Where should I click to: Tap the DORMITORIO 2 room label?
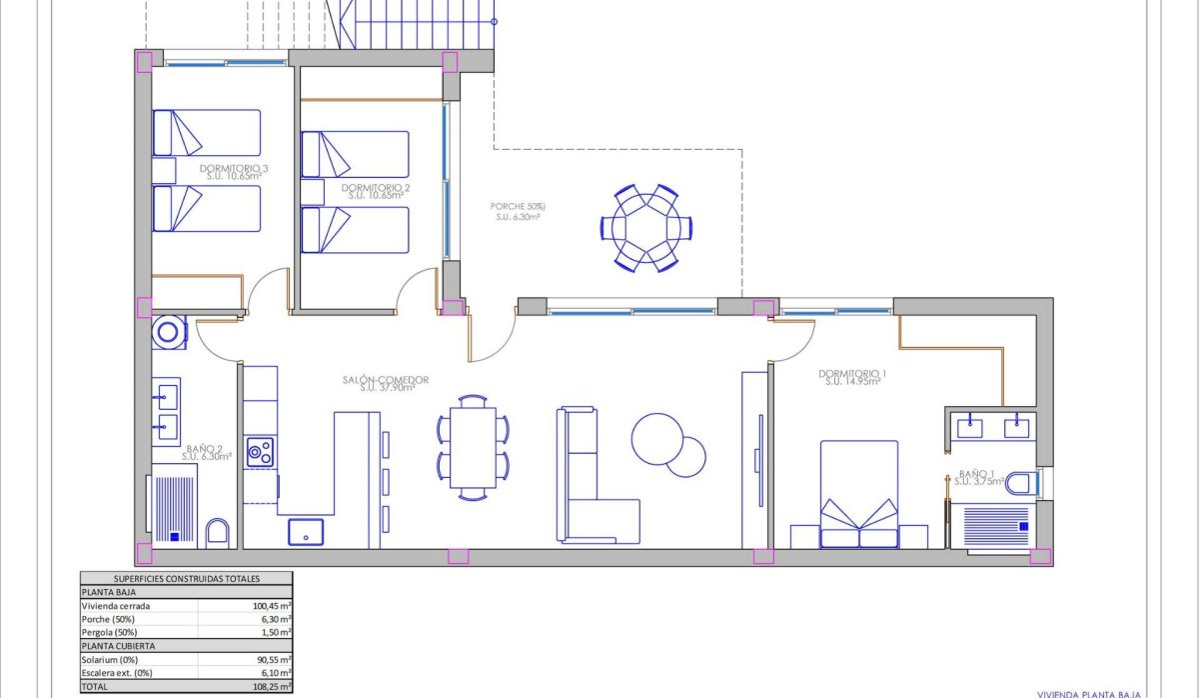(x=375, y=188)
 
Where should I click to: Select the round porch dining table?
(x=645, y=228)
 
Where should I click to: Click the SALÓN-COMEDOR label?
(x=385, y=380)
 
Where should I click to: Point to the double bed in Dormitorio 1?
(x=859, y=495)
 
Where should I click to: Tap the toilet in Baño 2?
(x=218, y=532)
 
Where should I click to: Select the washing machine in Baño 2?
(x=169, y=331)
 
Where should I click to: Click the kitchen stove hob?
(x=261, y=452)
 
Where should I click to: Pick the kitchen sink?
(x=306, y=531)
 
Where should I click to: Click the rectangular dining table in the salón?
(x=472, y=447)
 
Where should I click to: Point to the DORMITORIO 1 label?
(x=852, y=375)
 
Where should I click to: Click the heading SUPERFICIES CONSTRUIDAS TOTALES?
(x=186, y=578)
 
